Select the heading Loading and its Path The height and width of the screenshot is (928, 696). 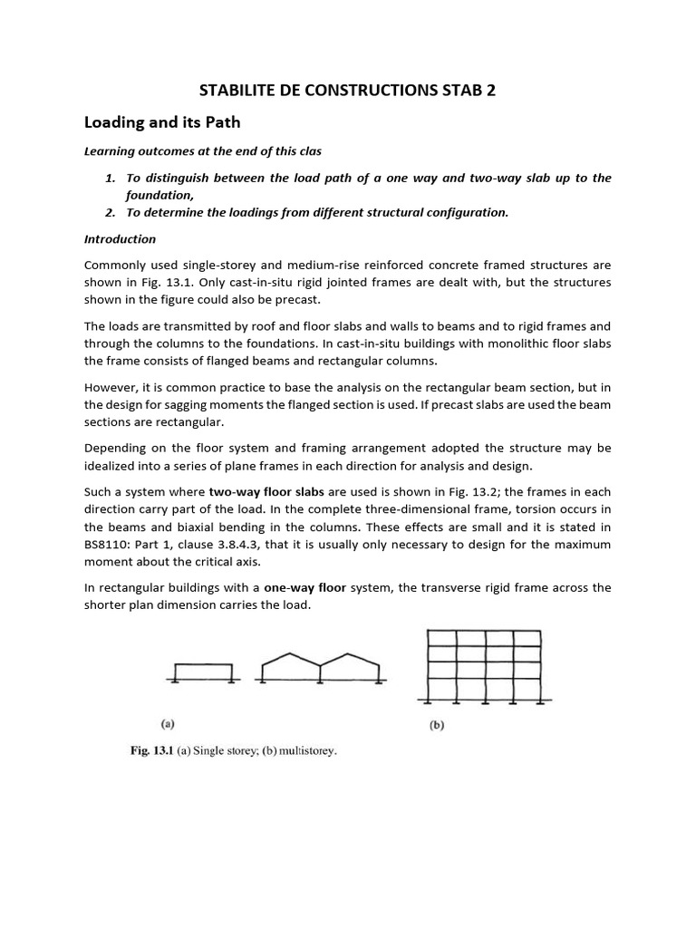pos(163,122)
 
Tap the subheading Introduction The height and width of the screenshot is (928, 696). pos(120,239)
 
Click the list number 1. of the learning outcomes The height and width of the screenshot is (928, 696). pos(110,178)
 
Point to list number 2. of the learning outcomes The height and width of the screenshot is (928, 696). pos(110,212)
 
